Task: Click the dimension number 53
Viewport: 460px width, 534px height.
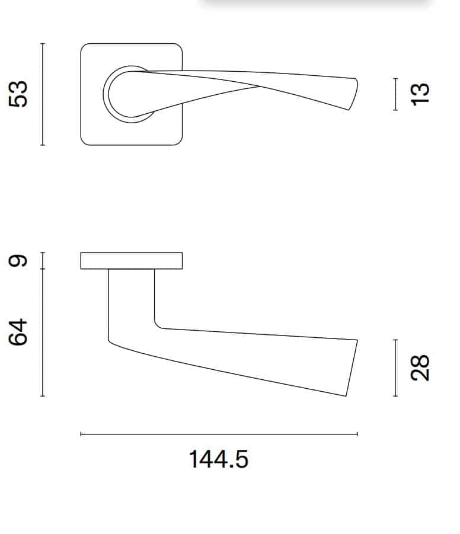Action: tap(18, 94)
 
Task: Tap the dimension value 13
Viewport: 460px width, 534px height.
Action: tap(420, 94)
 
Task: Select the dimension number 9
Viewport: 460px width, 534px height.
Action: tap(18, 261)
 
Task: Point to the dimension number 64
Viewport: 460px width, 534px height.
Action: tap(18, 332)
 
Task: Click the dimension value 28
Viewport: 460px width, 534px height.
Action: tap(420, 368)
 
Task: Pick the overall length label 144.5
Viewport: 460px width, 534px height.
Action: tap(218, 459)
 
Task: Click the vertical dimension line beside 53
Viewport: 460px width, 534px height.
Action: tap(43, 94)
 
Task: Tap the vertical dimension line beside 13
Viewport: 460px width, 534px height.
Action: tap(395, 94)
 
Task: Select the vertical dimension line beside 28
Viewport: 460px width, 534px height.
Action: tap(395, 368)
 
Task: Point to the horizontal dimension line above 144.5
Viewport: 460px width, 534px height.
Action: tap(219, 434)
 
